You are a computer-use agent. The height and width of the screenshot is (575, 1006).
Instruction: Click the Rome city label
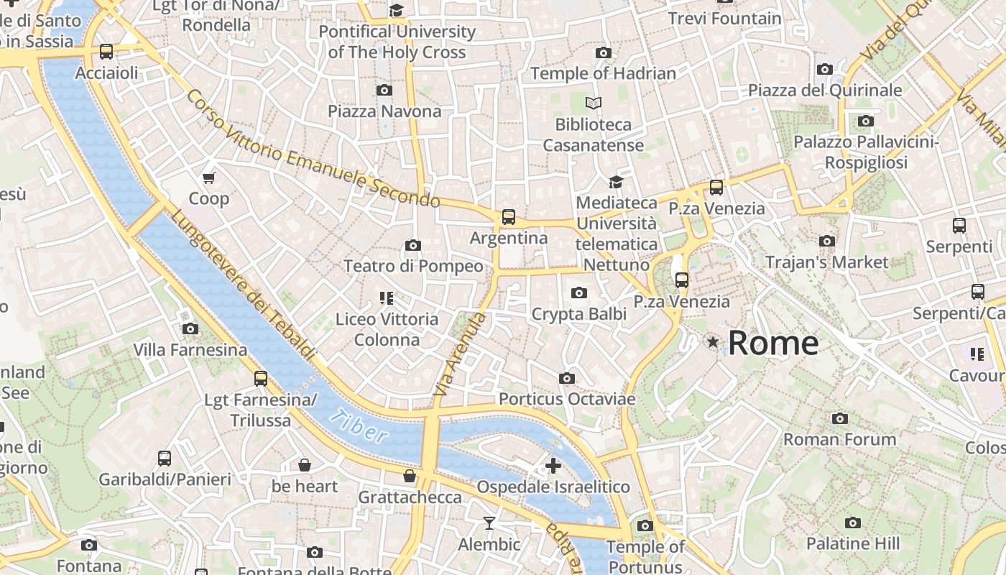point(773,343)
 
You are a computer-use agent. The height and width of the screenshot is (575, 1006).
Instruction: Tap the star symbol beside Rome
point(713,342)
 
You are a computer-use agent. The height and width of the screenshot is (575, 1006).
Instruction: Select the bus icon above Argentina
point(509,216)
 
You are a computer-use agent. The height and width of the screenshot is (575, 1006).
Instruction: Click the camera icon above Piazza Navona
point(384,90)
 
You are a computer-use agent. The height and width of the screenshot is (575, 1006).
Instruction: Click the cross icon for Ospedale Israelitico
point(553,466)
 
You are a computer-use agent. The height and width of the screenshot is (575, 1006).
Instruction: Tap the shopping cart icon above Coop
point(208,178)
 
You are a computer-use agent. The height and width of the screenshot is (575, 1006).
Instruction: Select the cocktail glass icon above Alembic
point(489,523)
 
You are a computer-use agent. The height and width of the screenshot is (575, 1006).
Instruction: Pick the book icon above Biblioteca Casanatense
point(593,103)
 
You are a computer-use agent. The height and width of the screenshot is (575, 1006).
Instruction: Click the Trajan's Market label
point(826,262)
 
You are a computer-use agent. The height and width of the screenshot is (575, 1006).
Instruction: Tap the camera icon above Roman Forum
point(839,418)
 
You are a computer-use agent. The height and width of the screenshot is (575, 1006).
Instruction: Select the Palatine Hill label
point(852,543)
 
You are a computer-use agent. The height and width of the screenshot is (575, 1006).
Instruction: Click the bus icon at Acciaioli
point(106,52)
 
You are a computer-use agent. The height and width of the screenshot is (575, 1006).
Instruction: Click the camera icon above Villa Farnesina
point(190,329)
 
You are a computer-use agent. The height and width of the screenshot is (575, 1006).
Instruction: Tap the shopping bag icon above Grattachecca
point(410,476)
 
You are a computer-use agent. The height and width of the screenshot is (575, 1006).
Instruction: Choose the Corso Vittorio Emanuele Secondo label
point(312,148)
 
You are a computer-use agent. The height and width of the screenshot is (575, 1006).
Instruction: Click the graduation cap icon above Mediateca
point(616,182)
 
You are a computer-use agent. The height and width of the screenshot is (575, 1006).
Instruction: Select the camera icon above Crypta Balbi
point(578,293)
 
